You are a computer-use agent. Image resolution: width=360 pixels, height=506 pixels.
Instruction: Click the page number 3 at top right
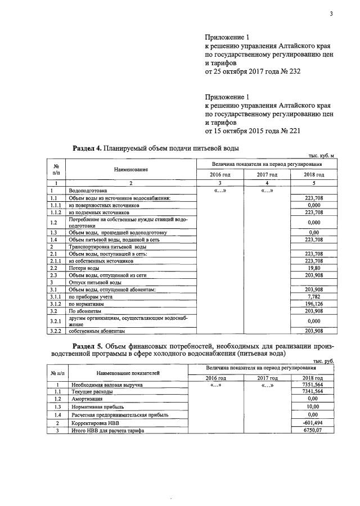pyautogui.click(x=332, y=7)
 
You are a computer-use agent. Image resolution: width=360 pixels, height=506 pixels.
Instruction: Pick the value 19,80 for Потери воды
pyautogui.click(x=313, y=269)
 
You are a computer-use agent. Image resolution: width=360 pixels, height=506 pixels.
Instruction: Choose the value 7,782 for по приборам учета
pyautogui.click(x=313, y=296)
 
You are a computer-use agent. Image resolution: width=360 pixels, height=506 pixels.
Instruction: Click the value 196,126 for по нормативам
pyautogui.click(x=313, y=304)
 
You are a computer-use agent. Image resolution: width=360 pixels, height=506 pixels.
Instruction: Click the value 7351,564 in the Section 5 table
pyautogui.click(x=312, y=385)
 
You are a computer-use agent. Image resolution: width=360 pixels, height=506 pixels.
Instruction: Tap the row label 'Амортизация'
pyautogui.click(x=87, y=398)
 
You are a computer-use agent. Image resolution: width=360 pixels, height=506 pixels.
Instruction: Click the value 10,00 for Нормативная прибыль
pyautogui.click(x=313, y=406)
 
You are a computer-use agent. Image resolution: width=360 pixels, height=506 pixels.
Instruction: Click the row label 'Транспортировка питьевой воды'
pyautogui.click(x=101, y=247)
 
